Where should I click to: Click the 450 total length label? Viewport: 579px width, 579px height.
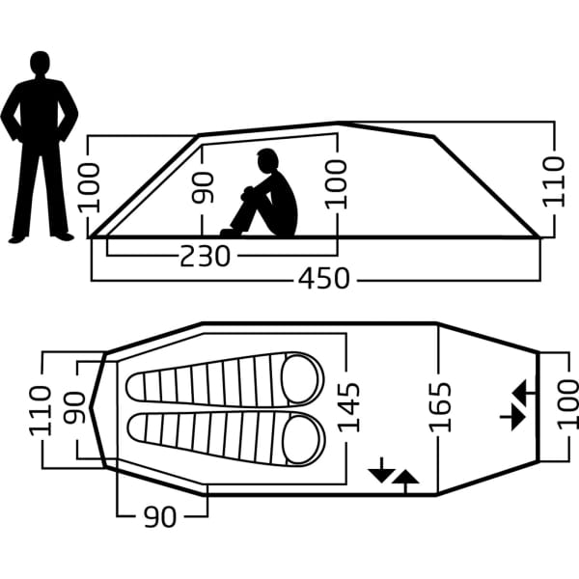(323, 280)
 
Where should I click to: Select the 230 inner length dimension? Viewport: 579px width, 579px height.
(206, 256)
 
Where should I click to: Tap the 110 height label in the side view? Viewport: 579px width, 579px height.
(554, 181)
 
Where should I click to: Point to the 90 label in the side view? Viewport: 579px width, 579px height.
(203, 187)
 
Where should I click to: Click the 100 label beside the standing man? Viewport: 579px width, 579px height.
(90, 187)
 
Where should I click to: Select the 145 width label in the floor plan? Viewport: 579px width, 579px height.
(350, 406)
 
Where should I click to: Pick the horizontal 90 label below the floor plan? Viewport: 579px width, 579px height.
(160, 517)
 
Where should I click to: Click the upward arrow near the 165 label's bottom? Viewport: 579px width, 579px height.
(406, 480)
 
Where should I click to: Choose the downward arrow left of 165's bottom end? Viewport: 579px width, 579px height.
(381, 469)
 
